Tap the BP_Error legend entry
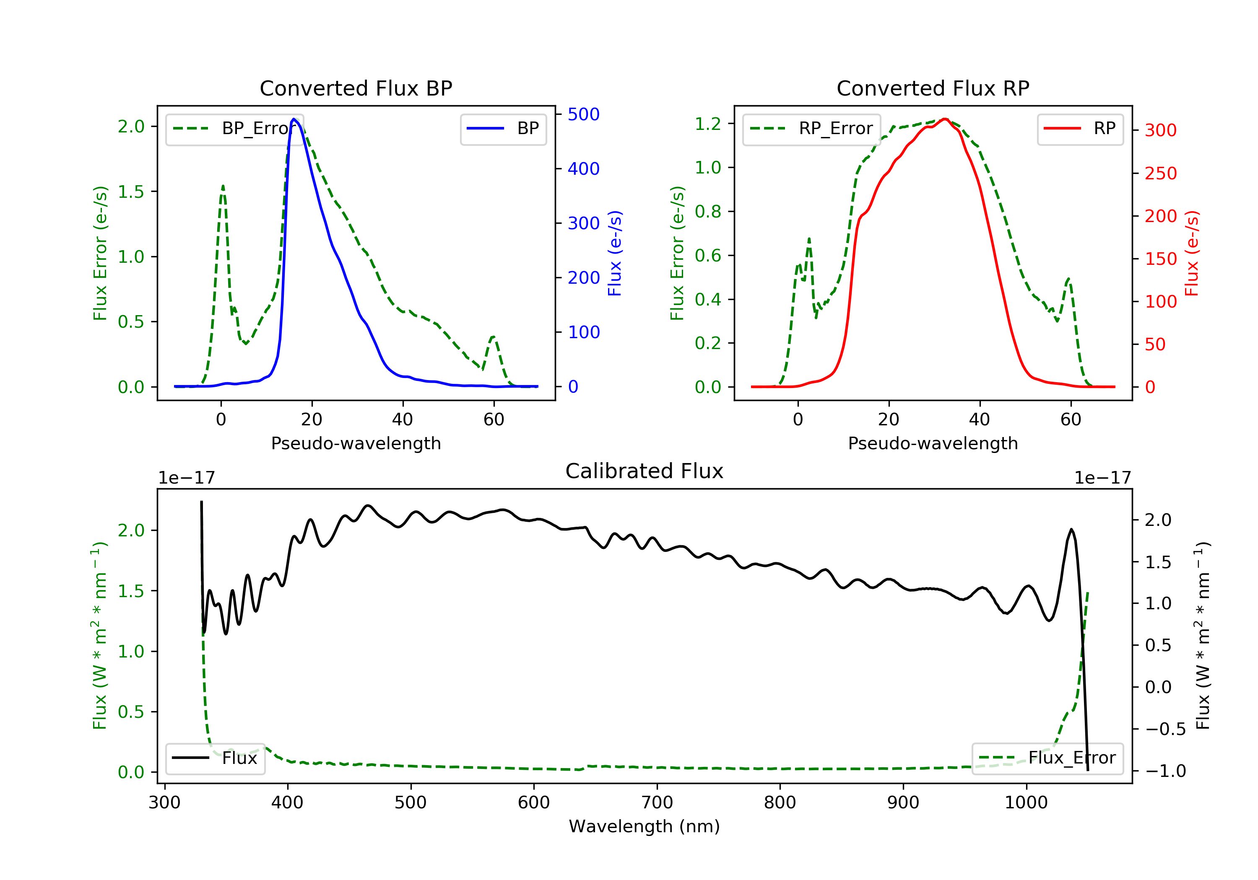pyautogui.click(x=234, y=129)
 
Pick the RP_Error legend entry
pyautogui.click(x=811, y=129)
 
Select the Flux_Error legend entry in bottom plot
pyautogui.click(x=1047, y=758)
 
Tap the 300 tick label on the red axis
pyautogui.click(x=1160, y=130)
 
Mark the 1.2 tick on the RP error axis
pyautogui.click(x=708, y=124)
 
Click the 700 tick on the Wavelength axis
pyautogui.click(x=657, y=803)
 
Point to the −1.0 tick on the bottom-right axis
pyautogui.click(x=1165, y=771)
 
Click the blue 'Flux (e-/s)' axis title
pyautogui.click(x=615, y=254)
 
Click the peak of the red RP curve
pyautogui.click(x=945, y=119)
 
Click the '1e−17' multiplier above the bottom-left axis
pyautogui.click(x=186, y=478)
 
